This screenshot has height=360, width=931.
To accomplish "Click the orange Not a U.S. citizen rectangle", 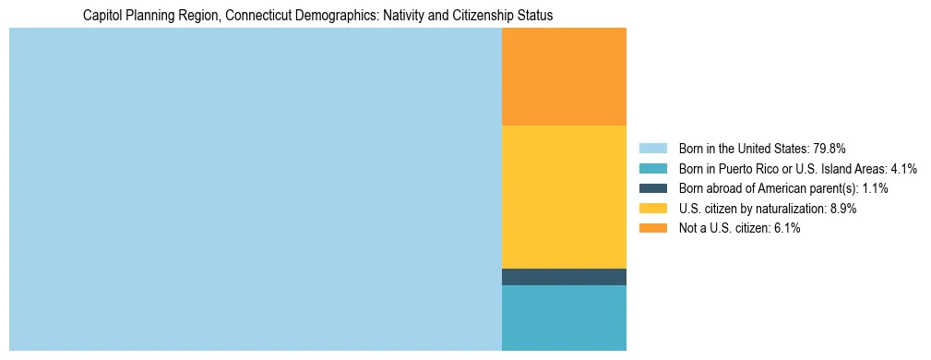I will point(564,77).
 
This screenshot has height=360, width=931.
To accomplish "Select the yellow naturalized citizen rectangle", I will point(564,197).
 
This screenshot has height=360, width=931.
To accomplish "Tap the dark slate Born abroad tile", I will point(564,277).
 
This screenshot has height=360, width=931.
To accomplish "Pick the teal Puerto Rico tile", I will point(564,318).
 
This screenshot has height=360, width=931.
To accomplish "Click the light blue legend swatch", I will point(652,148).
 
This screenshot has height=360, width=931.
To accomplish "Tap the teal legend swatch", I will point(652,168).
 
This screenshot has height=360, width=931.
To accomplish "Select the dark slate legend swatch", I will point(652,188).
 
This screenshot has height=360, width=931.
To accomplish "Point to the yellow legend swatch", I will point(652,209).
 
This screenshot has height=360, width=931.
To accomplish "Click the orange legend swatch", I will point(652,229).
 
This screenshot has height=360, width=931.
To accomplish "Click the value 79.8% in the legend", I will point(830,148).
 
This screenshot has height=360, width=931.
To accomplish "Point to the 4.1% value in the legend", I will point(904,168).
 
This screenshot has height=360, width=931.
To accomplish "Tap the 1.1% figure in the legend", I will point(873,188).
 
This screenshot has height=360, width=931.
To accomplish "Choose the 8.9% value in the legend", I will point(842,209).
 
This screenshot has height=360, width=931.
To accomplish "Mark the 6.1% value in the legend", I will point(786,229).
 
